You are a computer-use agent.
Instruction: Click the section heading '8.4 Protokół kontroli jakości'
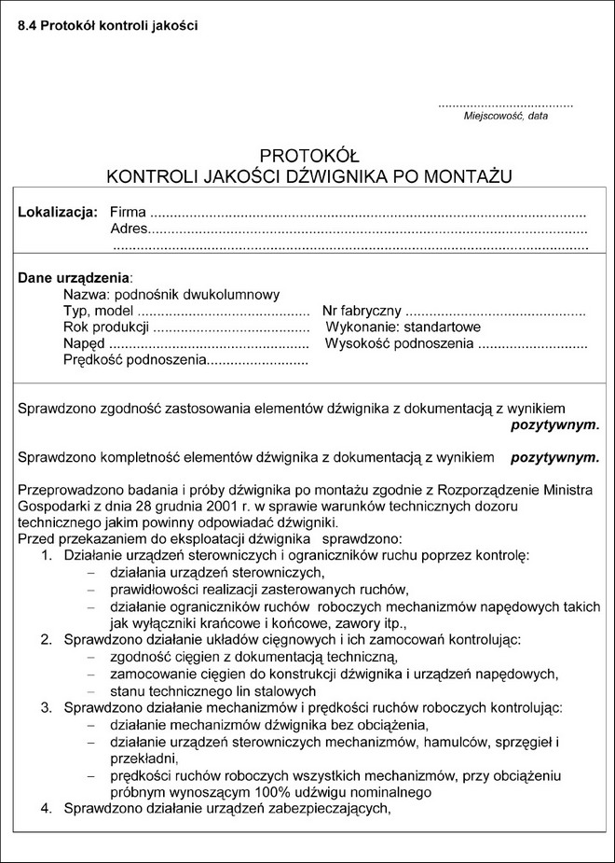click(x=108, y=24)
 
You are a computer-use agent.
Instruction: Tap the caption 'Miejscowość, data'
click(x=506, y=117)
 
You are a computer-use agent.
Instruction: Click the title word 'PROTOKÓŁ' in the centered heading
click(x=309, y=155)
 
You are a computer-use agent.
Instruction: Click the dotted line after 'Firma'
click(x=368, y=214)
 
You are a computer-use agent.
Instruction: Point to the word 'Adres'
click(x=129, y=230)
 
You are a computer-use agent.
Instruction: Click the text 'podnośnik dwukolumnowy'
click(x=203, y=294)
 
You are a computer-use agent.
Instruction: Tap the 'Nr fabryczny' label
click(x=362, y=311)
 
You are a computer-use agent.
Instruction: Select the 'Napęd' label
click(x=84, y=344)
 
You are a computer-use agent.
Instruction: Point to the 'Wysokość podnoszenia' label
click(x=399, y=344)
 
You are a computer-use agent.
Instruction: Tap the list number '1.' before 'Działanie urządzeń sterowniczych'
click(x=48, y=556)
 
